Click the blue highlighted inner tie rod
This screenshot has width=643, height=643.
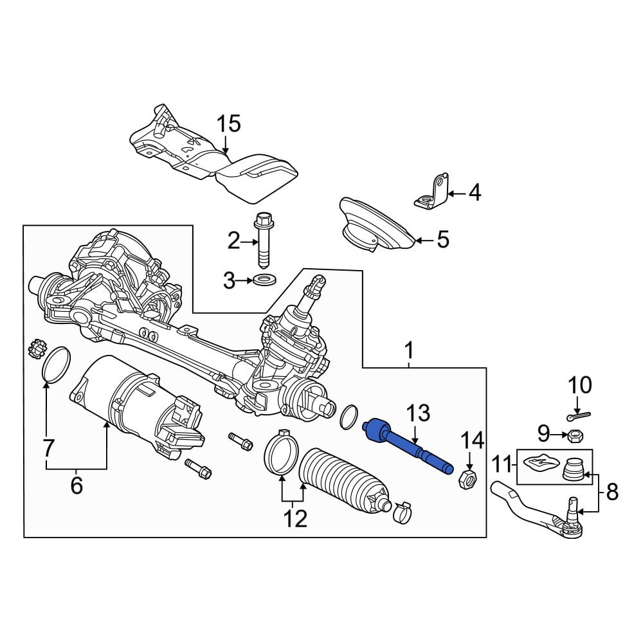pyautogui.click(x=408, y=446)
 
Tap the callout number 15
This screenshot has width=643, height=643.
pyautogui.click(x=228, y=123)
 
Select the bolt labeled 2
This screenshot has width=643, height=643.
pyautogui.click(x=263, y=239)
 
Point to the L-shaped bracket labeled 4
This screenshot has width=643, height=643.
pyautogui.click(x=433, y=192)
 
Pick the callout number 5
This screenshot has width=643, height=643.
pyautogui.click(x=443, y=239)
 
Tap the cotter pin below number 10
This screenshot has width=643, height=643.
pyautogui.click(x=579, y=416)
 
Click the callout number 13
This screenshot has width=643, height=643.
pyautogui.click(x=418, y=413)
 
